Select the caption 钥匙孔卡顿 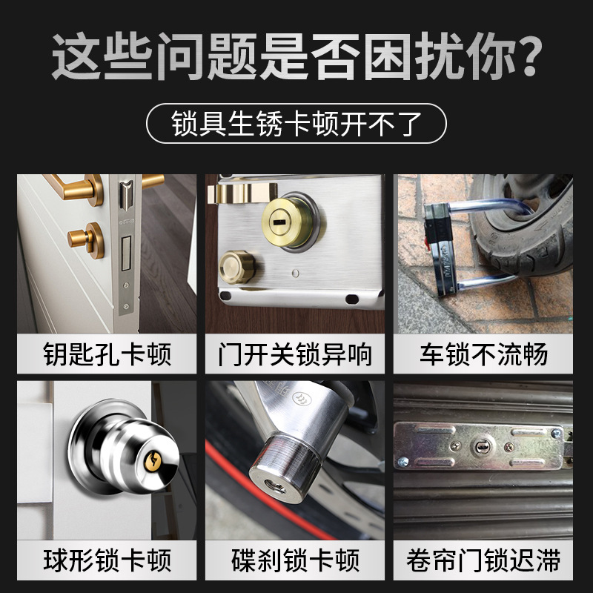point(107,354)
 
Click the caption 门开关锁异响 point(296,354)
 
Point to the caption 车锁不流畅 point(484,354)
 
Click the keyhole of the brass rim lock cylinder point(282,222)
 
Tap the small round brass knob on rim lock point(236,265)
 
